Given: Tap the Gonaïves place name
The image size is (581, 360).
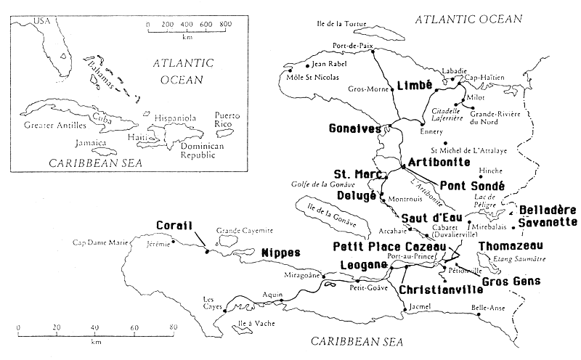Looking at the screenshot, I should [355, 128].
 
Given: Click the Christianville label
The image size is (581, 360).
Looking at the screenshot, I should [441, 289].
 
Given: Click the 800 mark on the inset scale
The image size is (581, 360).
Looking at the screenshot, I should [225, 24].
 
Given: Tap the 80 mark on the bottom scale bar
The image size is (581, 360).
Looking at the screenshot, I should [173, 328].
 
